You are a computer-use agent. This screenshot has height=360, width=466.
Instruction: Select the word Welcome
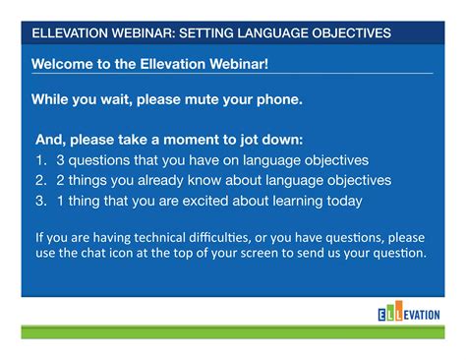(64, 64)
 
